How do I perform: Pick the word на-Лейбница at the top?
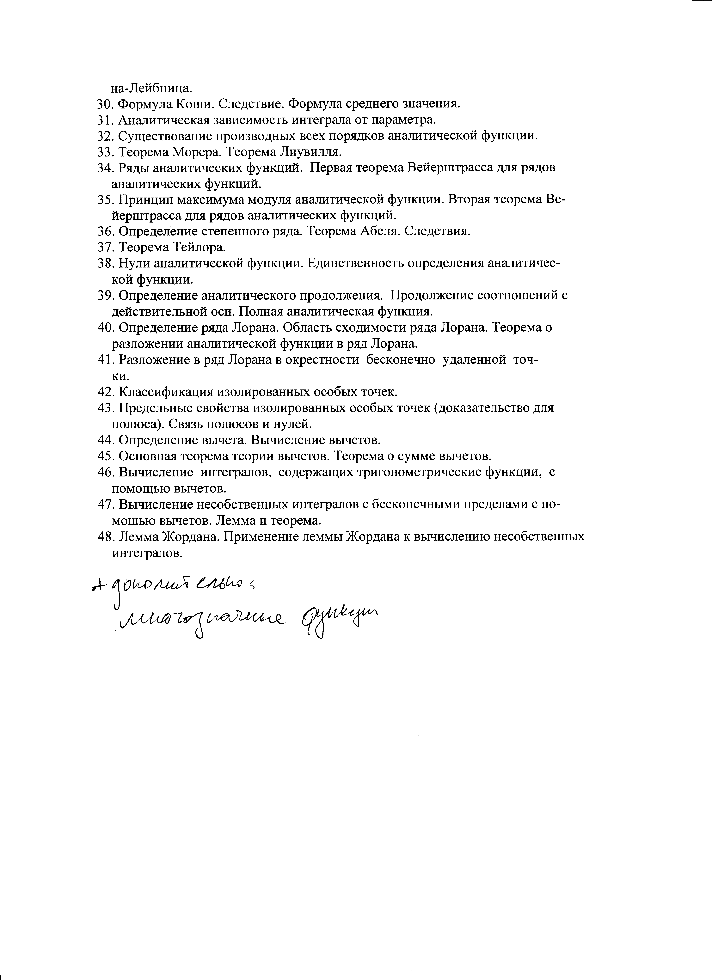point(151,88)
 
